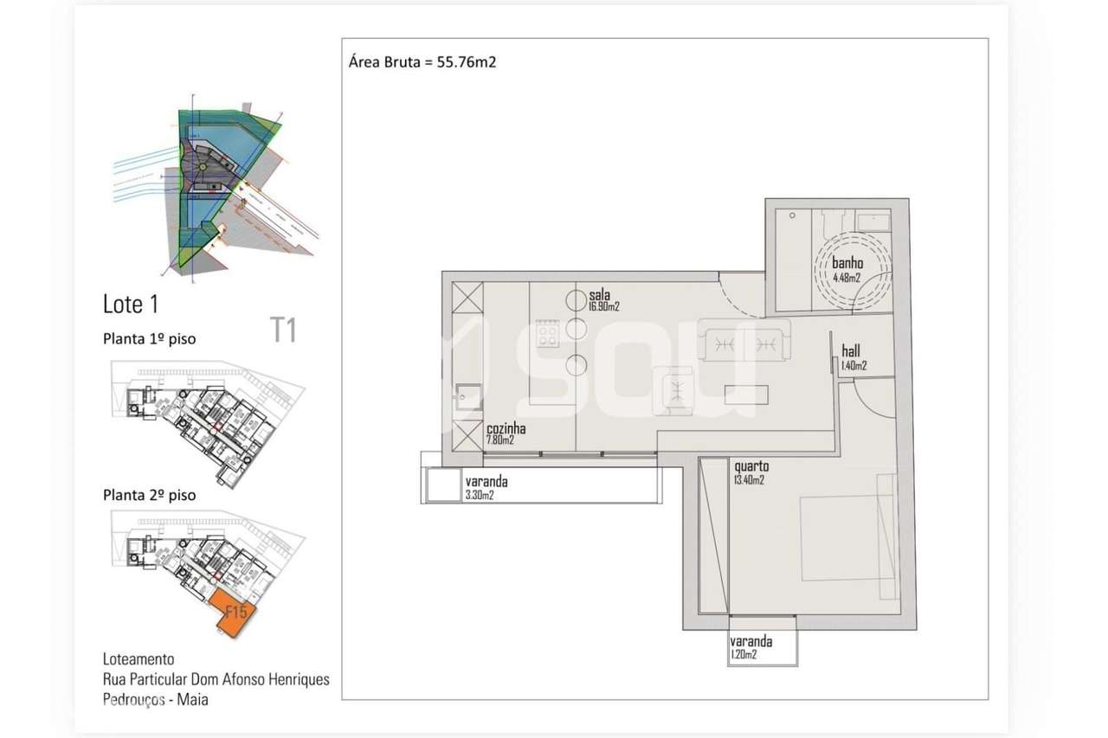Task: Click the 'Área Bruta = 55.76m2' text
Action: [422, 62]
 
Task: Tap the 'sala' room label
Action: [599, 295]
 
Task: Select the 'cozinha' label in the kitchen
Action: [506, 429]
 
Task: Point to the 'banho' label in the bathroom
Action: [847, 264]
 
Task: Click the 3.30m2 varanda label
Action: [479, 495]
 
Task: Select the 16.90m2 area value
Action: [604, 306]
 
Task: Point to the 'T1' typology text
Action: [283, 330]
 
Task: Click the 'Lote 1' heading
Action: [131, 305]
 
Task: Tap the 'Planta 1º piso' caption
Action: [149, 339]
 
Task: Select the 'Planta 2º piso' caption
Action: [149, 496]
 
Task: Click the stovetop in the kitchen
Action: [547, 333]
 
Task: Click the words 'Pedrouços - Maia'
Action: [155, 699]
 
